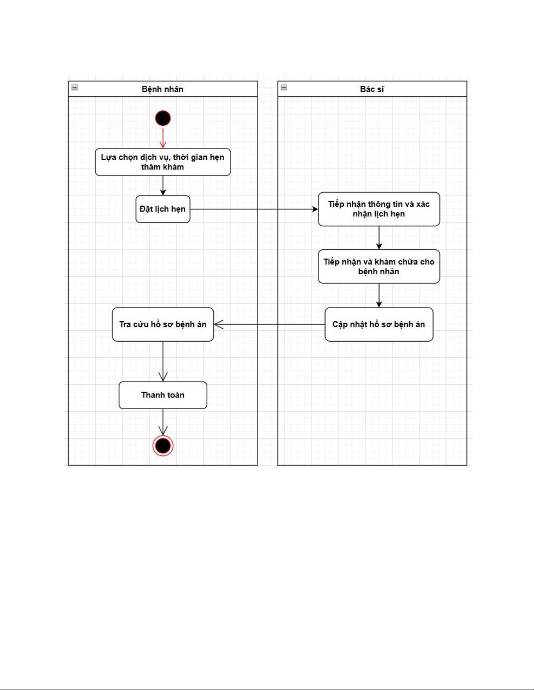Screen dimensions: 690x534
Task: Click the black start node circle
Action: (163, 118)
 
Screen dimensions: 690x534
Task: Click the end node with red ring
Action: (163, 445)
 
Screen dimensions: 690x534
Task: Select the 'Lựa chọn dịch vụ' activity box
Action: (163, 162)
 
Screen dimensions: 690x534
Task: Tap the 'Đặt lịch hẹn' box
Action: (163, 209)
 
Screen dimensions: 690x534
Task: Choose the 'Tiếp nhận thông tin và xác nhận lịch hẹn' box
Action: (379, 209)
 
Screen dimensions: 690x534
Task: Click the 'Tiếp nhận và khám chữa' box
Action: (379, 266)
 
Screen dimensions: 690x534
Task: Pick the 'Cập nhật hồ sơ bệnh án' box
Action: (379, 324)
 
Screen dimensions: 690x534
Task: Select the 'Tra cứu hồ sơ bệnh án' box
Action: (163, 324)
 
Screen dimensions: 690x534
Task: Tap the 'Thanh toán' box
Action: (163, 395)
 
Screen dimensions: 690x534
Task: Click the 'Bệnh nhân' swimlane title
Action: (163, 89)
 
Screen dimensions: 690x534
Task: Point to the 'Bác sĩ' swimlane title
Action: (372, 89)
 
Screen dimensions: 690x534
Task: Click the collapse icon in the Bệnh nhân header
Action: (75, 88)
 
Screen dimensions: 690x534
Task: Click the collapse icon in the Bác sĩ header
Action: (284, 88)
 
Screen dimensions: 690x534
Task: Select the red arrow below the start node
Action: (163, 138)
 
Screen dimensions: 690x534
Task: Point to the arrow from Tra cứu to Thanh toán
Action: (163, 361)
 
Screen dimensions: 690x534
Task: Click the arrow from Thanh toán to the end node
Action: (163, 422)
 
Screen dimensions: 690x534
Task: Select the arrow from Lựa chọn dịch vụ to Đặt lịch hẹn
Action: (163, 185)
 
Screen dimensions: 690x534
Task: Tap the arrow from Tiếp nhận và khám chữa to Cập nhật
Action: (379, 296)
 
